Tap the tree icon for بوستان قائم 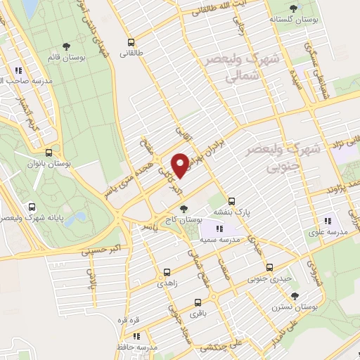[66, 46]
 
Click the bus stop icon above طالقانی [129, 41]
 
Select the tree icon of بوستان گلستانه [293, 8]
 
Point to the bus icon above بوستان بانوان [49, 153]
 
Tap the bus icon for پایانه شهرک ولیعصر [32, 207]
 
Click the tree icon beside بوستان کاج [184, 209]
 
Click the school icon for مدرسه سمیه [219, 228]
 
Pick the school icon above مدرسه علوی [327, 222]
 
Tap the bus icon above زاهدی [167, 271]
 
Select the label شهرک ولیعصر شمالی [243, 68]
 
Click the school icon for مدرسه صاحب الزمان [18, 70]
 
